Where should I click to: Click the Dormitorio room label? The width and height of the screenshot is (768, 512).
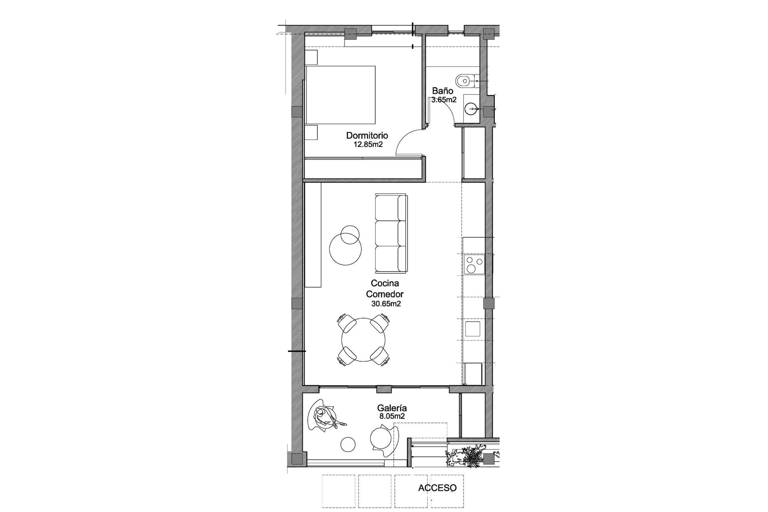(367, 136)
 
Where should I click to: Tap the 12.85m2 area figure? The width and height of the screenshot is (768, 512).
(368, 144)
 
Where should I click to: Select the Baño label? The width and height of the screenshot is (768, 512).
(442, 91)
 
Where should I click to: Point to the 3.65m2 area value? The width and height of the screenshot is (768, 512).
(444, 100)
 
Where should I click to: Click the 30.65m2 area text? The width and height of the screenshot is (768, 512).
(386, 304)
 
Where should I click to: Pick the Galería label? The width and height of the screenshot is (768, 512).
(392, 408)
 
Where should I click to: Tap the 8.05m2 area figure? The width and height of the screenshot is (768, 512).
(392, 416)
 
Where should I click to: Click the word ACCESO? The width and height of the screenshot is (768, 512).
(437, 488)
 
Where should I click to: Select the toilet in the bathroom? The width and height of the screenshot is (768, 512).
(465, 80)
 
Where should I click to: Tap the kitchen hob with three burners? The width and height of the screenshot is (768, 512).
(474, 264)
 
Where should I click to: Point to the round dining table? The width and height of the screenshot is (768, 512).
(364, 340)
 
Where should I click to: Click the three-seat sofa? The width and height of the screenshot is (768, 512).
(391, 232)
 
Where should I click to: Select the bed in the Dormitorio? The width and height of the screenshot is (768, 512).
(340, 95)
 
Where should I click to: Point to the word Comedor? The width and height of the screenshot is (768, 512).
(385, 294)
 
